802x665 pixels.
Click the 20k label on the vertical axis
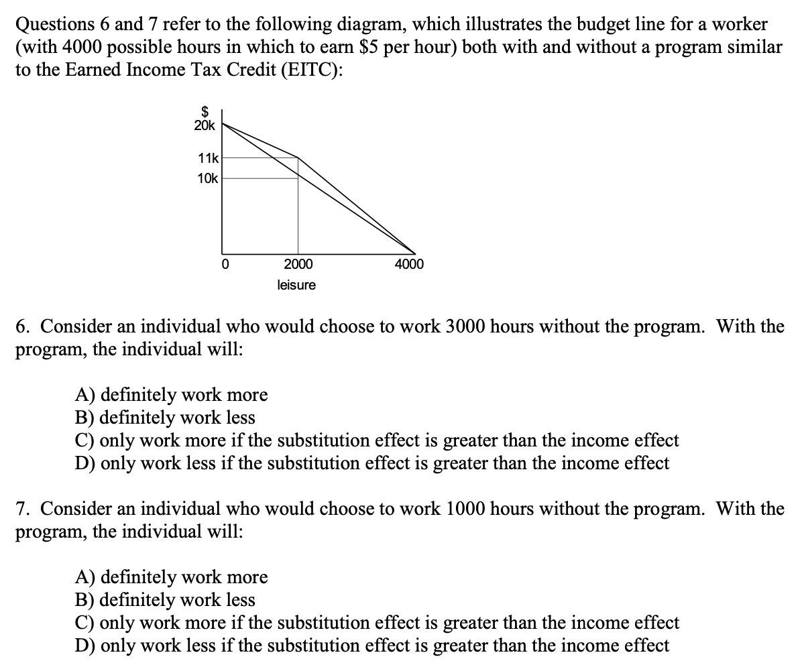point(205,125)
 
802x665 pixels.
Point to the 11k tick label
point(208,158)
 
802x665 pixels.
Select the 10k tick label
point(208,178)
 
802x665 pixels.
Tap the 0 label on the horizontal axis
point(225,264)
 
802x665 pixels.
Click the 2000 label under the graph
point(298,264)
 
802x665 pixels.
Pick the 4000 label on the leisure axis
point(409,264)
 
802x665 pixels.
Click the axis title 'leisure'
point(296,286)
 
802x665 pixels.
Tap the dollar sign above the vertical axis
point(207,113)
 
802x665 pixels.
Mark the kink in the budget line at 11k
point(298,158)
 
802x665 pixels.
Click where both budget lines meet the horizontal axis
point(415,253)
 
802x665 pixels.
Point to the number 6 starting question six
point(22,327)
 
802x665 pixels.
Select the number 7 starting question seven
point(22,509)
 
